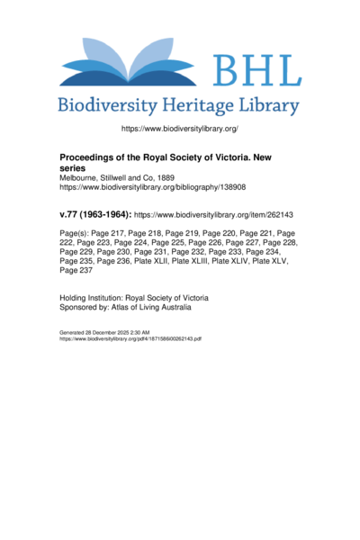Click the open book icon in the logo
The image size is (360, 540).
coord(132,63)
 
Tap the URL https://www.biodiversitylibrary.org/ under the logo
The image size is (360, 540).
coord(179,130)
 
